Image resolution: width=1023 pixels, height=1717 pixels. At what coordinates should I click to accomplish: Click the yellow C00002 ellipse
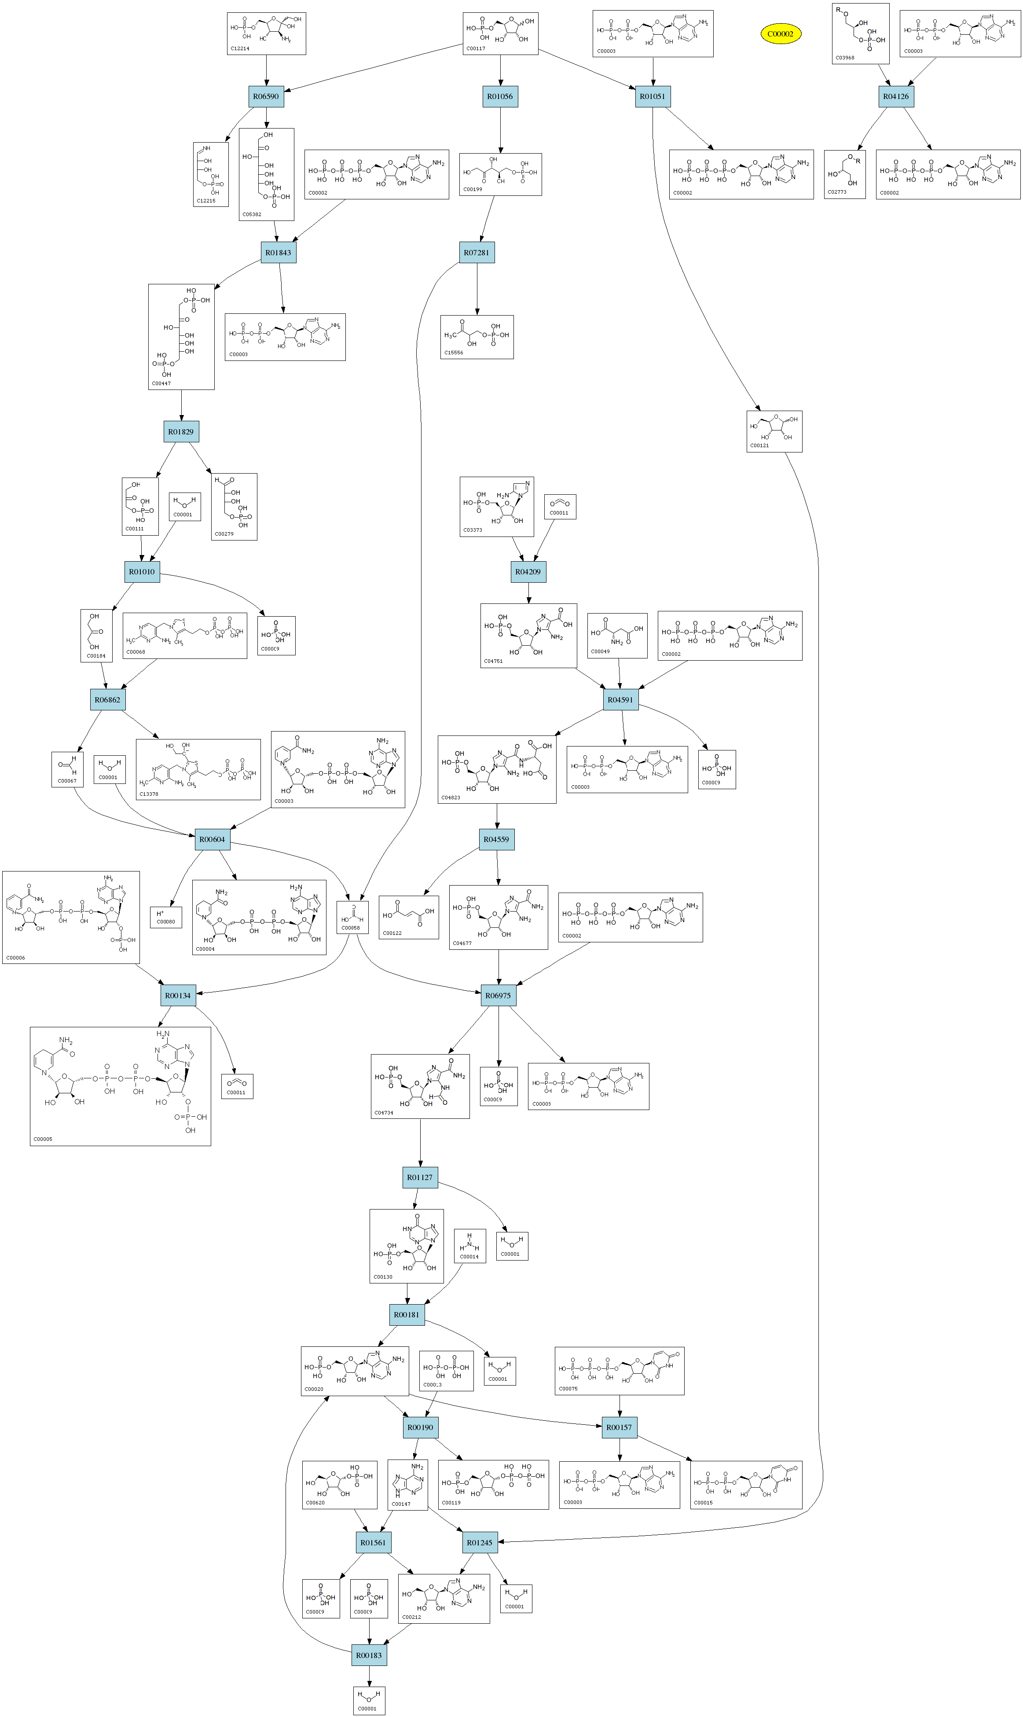tap(781, 34)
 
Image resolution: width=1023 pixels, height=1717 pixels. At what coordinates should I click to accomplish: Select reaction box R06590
tap(266, 96)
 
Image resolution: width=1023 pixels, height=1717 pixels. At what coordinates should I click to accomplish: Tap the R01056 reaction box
tap(500, 96)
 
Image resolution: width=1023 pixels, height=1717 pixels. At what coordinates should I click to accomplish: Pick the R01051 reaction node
tap(652, 96)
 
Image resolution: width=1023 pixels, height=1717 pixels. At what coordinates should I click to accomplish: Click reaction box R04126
tap(895, 96)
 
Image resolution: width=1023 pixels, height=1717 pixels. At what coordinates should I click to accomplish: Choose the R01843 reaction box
tap(279, 252)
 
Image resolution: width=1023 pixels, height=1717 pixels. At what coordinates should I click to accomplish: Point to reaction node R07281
tap(477, 252)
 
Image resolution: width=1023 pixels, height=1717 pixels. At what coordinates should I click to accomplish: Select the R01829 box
tap(180, 432)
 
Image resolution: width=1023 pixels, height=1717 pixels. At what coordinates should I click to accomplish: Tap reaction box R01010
tap(142, 572)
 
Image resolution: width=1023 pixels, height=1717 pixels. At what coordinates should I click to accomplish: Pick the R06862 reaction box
tap(107, 700)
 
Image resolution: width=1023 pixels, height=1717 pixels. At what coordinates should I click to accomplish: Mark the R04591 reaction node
tap(620, 700)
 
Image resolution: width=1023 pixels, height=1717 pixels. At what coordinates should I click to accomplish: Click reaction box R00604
tap(213, 839)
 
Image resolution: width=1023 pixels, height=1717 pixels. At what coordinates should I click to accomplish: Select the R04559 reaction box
tap(496, 839)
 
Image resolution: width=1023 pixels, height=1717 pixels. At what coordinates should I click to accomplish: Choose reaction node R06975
tap(498, 995)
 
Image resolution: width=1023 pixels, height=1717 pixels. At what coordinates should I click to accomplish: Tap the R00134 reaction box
tap(178, 995)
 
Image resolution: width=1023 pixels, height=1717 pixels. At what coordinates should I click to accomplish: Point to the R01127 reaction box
tap(420, 1177)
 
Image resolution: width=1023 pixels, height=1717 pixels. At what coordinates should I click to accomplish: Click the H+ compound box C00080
tap(165, 917)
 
